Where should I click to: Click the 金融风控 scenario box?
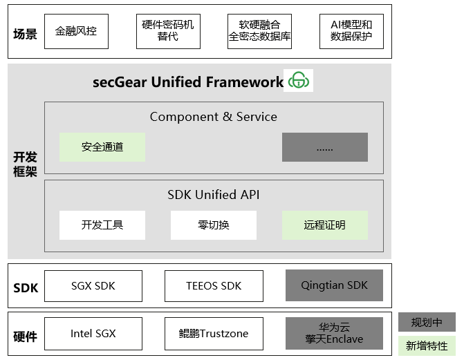[x=76, y=31]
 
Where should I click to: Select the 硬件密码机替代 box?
[x=168, y=31]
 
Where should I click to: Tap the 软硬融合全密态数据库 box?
[x=259, y=31]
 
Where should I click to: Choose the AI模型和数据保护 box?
[x=351, y=31]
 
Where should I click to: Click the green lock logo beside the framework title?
[x=298, y=80]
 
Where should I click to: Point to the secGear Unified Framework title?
[x=188, y=82]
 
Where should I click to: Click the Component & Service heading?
[x=214, y=117]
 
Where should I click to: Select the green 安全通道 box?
[x=102, y=147]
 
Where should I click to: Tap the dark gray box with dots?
[x=325, y=147]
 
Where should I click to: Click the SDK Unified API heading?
[x=214, y=195]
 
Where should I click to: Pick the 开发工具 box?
[x=102, y=225]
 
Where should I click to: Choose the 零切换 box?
[x=214, y=225]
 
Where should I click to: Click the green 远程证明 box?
[x=325, y=225]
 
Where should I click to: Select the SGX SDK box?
[x=93, y=286]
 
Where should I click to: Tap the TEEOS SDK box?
[x=214, y=286]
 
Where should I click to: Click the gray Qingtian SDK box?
[x=334, y=285]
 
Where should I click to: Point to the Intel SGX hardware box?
[x=93, y=334]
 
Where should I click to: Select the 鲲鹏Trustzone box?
[x=214, y=334]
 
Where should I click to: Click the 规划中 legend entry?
[x=427, y=322]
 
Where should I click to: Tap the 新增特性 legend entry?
[x=427, y=345]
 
